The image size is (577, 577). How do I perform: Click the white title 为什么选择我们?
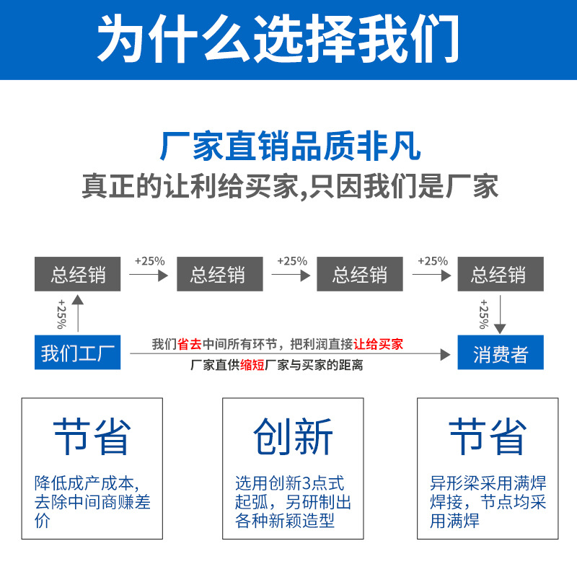pyautogui.click(x=278, y=38)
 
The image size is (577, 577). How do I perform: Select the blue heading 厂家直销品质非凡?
pyautogui.click(x=291, y=146)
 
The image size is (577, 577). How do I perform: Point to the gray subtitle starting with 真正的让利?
pyautogui.click(x=290, y=187)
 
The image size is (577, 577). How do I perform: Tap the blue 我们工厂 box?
pyautogui.click(x=78, y=352)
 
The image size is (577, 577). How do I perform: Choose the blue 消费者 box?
pyautogui.click(x=501, y=352)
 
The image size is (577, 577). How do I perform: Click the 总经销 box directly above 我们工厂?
pyautogui.click(x=78, y=274)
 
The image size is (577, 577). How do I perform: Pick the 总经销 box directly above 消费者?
pyautogui.click(x=501, y=274)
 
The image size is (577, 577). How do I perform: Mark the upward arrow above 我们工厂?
pyautogui.click(x=78, y=314)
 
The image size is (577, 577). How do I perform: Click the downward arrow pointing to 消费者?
pyautogui.click(x=500, y=314)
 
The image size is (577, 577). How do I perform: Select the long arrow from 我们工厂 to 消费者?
pyautogui.click(x=291, y=354)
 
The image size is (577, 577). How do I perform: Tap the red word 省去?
pyautogui.click(x=190, y=344)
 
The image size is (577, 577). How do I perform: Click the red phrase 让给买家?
pyautogui.click(x=378, y=344)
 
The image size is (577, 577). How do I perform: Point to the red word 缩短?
pyautogui.click(x=252, y=365)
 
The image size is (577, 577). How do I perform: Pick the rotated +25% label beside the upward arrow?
pyautogui.click(x=61, y=314)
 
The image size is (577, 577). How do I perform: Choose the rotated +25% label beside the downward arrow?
pyautogui.click(x=483, y=314)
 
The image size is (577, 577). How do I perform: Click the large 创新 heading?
pyautogui.click(x=293, y=437)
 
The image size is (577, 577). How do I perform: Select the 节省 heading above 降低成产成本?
pyautogui.click(x=92, y=437)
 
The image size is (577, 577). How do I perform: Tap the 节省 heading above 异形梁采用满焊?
pyautogui.click(x=488, y=437)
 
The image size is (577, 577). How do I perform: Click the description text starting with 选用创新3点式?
pyautogui.click(x=293, y=502)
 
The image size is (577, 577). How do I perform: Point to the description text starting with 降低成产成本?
pyautogui.click(x=92, y=502)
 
